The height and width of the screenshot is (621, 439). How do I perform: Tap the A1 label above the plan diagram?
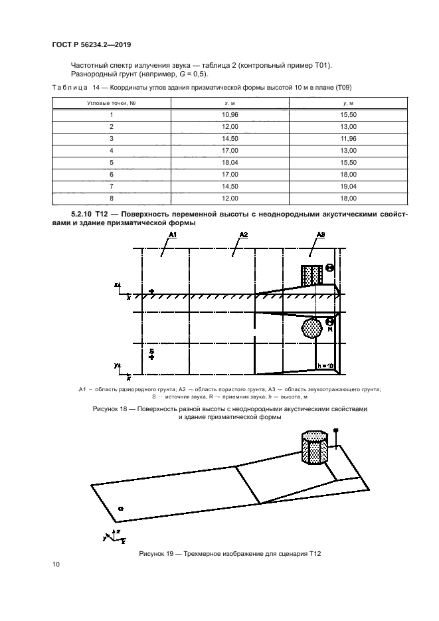tap(172, 236)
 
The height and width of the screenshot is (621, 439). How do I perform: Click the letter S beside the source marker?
tap(151, 350)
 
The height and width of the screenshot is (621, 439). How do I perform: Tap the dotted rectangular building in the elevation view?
tap(311, 275)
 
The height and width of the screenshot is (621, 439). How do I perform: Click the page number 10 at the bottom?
tap(56, 565)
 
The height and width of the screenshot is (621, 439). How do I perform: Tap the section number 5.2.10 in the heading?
tap(83, 215)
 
